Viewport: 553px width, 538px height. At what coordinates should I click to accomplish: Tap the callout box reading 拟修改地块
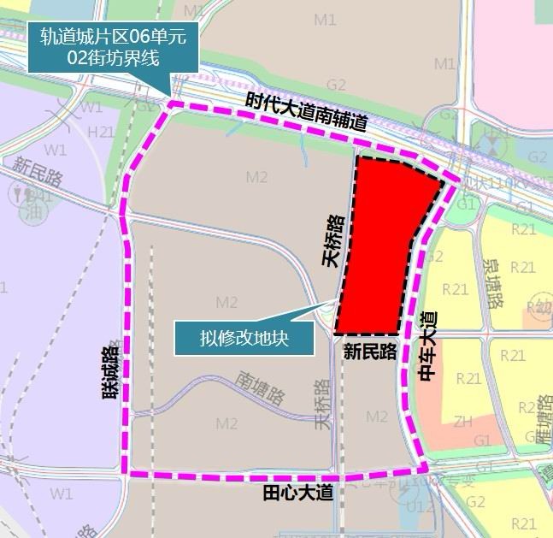244,337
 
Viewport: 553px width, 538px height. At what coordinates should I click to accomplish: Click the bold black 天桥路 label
335,241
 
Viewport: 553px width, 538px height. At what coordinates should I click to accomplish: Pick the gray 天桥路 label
321,408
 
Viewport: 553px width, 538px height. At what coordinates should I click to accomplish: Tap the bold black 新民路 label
370,352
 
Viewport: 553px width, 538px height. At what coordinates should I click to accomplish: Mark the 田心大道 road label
297,494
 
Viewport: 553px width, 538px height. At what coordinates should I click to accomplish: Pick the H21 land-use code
101,131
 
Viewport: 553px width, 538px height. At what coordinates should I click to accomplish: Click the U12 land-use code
418,508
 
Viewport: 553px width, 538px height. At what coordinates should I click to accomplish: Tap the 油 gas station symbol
33,210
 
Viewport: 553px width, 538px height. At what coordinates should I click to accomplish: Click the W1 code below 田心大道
61,494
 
